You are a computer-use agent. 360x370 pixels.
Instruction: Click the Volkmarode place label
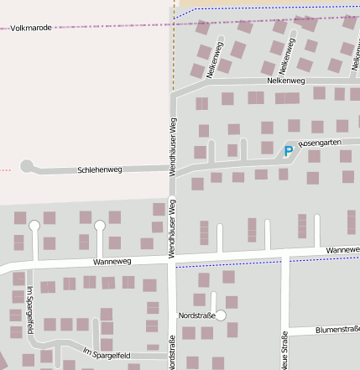coord(31,28)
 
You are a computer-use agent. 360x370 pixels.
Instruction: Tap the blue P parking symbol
coord(289,151)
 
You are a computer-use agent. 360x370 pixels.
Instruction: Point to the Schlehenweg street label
coord(99,169)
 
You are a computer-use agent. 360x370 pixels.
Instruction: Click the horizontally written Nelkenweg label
coord(284,81)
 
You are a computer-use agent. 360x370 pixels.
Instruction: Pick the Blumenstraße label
coord(337,331)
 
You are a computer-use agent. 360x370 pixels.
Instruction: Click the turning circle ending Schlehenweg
coord(26,167)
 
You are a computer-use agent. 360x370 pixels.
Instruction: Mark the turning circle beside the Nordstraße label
coord(222,315)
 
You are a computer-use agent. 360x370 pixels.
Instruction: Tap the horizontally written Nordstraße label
coord(197,315)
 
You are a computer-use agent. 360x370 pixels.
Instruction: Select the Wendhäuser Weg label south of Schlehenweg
coord(171,227)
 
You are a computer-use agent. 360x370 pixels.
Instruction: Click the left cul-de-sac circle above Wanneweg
coord(34,226)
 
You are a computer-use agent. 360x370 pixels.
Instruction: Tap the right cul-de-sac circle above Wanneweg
coord(100,225)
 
